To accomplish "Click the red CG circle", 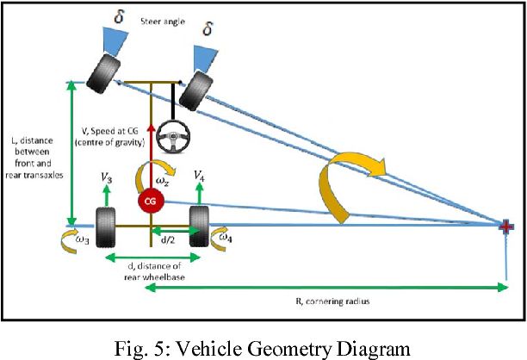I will [x=151, y=202].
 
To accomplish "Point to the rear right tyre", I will [x=200, y=227].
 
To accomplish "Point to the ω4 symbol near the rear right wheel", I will [x=222, y=235].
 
